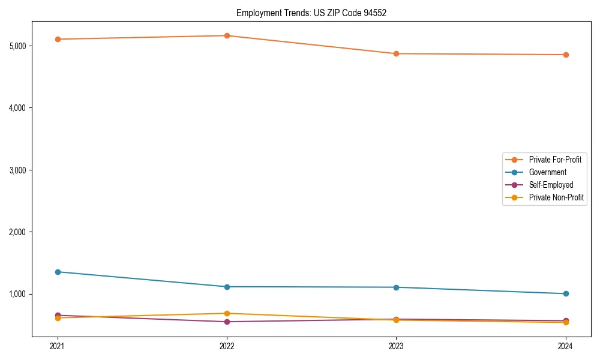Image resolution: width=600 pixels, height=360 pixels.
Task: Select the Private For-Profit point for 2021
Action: point(58,39)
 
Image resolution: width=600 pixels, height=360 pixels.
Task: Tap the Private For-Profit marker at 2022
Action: point(227,35)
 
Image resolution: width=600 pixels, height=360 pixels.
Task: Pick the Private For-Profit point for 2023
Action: point(396,53)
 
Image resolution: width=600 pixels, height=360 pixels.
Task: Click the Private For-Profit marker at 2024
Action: point(565,55)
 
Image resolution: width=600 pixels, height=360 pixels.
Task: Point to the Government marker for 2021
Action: point(58,272)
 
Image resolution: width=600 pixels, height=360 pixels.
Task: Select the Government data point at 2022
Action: point(227,287)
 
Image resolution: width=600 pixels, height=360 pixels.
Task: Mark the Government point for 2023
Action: point(396,287)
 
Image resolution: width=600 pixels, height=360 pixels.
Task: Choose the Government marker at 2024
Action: point(565,293)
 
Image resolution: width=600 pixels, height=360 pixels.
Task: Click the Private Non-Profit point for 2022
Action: point(227,313)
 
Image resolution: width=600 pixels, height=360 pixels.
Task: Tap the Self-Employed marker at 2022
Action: point(227,322)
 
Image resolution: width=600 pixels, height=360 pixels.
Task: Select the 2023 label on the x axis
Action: point(396,346)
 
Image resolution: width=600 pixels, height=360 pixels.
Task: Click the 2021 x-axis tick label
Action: point(58,346)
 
